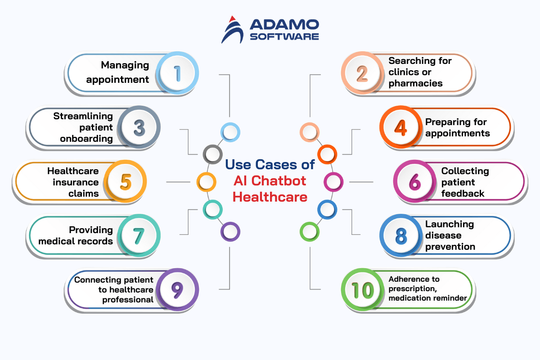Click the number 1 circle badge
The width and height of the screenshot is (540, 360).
coord(178,73)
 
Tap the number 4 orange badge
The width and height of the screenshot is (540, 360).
coord(400,127)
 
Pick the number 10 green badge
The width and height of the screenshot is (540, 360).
coord(363,290)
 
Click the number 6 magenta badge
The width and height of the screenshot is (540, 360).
coord(414,182)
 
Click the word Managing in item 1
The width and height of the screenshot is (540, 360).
coord(125,65)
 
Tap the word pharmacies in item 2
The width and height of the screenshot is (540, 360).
coord(415,83)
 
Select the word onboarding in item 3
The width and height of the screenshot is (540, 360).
coord(86,139)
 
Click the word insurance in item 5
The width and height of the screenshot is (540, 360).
coord(76,182)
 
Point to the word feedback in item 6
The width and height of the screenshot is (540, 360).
coord(463,193)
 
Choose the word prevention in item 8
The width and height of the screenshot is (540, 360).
coord(450,247)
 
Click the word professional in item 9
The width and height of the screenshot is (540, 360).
coord(128,300)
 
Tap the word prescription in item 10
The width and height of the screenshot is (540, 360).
coord(410,288)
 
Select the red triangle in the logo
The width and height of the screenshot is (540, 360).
coord(232,19)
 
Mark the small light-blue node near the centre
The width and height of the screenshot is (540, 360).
coord(230,132)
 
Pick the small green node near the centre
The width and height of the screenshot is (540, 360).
coord(309,232)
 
